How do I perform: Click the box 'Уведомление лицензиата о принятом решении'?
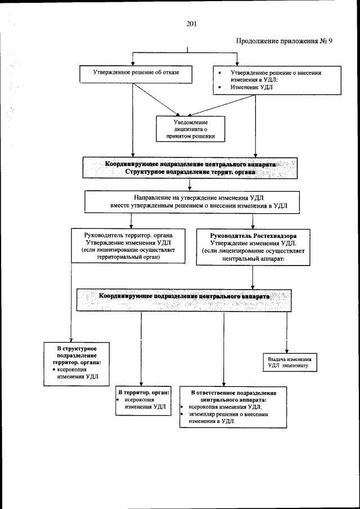(191, 128)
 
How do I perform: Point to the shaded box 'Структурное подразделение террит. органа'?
(190, 172)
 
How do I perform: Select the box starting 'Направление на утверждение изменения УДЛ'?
(191, 201)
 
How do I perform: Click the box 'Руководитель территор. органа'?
(128, 245)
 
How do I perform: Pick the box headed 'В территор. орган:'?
(143, 399)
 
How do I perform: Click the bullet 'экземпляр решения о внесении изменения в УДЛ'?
(228, 417)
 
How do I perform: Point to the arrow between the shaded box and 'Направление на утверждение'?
(190, 184)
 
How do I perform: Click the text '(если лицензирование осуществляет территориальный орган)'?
(128, 253)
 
